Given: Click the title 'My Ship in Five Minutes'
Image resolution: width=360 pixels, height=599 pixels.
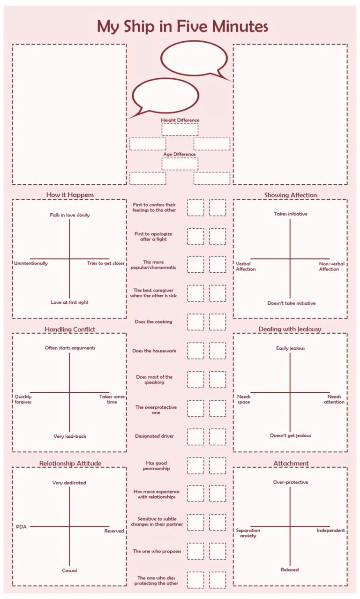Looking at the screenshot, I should (x=182, y=26).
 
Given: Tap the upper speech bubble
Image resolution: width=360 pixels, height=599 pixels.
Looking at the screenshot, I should (x=194, y=58).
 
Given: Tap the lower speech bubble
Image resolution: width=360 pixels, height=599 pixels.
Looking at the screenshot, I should (x=165, y=96).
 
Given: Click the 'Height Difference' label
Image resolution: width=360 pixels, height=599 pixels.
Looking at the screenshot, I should (x=180, y=120).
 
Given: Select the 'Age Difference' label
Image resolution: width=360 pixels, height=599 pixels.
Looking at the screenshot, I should (x=180, y=154).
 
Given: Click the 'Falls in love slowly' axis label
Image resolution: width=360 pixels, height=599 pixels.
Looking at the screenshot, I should (x=70, y=215).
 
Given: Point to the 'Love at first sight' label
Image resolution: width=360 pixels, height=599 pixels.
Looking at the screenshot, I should (x=69, y=302).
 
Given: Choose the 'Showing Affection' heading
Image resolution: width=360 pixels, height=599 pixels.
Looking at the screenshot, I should (x=290, y=195).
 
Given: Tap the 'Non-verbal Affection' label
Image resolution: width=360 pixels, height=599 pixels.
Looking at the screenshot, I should (x=332, y=266).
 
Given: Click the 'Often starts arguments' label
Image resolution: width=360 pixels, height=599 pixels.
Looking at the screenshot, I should (x=70, y=348).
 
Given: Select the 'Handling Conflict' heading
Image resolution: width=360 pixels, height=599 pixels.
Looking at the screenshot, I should (x=69, y=329).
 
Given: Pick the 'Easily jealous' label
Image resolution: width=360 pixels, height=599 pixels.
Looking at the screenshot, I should (x=290, y=348).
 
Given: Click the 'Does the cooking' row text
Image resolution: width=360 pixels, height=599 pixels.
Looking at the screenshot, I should (x=153, y=322).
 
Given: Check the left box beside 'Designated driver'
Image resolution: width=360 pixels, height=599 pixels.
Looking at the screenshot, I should (x=195, y=437).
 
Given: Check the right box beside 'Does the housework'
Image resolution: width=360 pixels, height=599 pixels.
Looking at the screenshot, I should (x=217, y=351).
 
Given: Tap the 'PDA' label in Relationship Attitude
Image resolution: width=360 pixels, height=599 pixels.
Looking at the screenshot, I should (x=21, y=527).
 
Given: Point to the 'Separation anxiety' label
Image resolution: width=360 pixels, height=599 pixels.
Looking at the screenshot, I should (x=248, y=533).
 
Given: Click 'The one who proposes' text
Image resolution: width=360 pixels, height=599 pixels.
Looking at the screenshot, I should (x=157, y=551).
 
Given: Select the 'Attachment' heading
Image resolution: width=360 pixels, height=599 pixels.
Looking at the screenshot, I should (x=291, y=464).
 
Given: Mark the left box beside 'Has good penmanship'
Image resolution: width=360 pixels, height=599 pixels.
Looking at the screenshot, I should (x=195, y=465).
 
